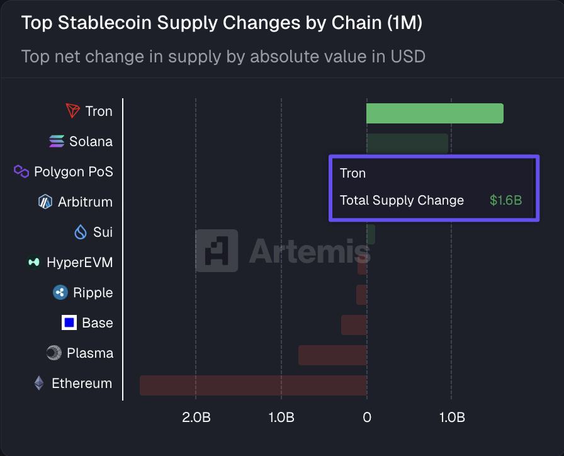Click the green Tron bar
coord(434,113)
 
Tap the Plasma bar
coord(332,355)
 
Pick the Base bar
coord(354,325)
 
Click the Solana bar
coord(407,144)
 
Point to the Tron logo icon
coord(74,111)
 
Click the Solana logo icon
coord(57,142)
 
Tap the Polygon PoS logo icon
coord(21,171)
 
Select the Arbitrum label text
coord(85,202)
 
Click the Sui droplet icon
coord(81,232)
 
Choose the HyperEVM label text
coord(79,263)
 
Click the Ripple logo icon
coord(60,292)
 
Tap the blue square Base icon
coord(69,323)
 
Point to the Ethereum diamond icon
coord(39,383)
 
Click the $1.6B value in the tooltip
coord(505,201)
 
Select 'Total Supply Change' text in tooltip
coord(402,201)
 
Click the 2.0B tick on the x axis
coord(196,418)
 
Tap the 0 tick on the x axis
coord(366,418)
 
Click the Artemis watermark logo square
coord(217,251)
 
